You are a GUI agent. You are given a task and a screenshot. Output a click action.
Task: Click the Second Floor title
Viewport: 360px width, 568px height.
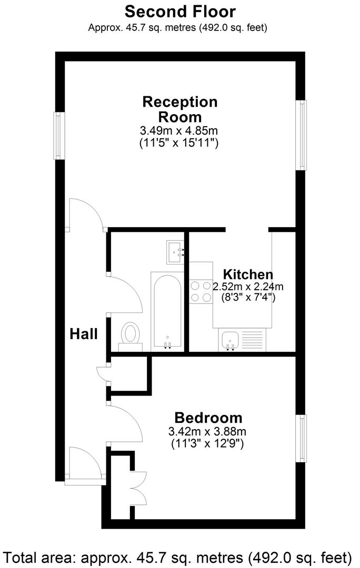(180, 11)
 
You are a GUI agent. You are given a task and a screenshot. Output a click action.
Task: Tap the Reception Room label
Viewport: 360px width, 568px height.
(179, 109)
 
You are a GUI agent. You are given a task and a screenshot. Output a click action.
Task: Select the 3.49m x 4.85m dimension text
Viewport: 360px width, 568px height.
(179, 130)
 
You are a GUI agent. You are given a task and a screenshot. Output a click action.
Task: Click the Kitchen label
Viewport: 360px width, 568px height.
(248, 274)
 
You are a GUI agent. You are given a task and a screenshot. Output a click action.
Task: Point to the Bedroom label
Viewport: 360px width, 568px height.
(208, 418)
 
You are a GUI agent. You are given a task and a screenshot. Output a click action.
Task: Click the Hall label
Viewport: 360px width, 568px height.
(84, 333)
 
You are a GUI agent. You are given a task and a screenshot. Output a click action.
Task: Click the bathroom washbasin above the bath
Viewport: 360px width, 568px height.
(175, 252)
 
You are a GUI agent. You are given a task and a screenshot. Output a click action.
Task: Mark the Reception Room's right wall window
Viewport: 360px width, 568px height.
(302, 135)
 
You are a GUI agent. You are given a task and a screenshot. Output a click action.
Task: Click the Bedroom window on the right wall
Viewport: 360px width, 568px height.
(302, 439)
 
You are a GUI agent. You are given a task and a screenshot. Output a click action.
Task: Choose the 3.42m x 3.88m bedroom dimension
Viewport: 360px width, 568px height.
(207, 432)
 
